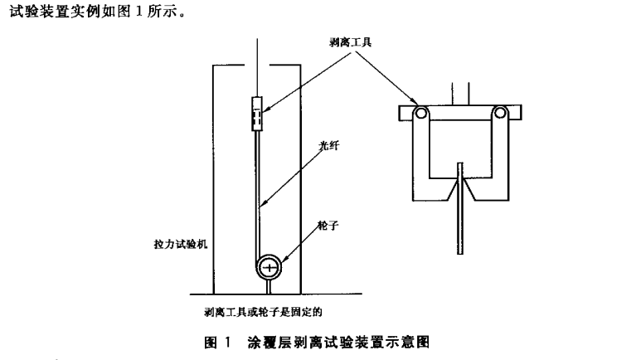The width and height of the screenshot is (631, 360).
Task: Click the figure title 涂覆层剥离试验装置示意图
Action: tap(337, 341)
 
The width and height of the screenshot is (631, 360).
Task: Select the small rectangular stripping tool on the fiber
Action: tap(257, 114)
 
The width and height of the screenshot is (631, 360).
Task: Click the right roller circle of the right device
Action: tap(500, 114)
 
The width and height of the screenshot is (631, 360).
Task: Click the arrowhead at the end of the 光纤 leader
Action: tap(264, 204)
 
